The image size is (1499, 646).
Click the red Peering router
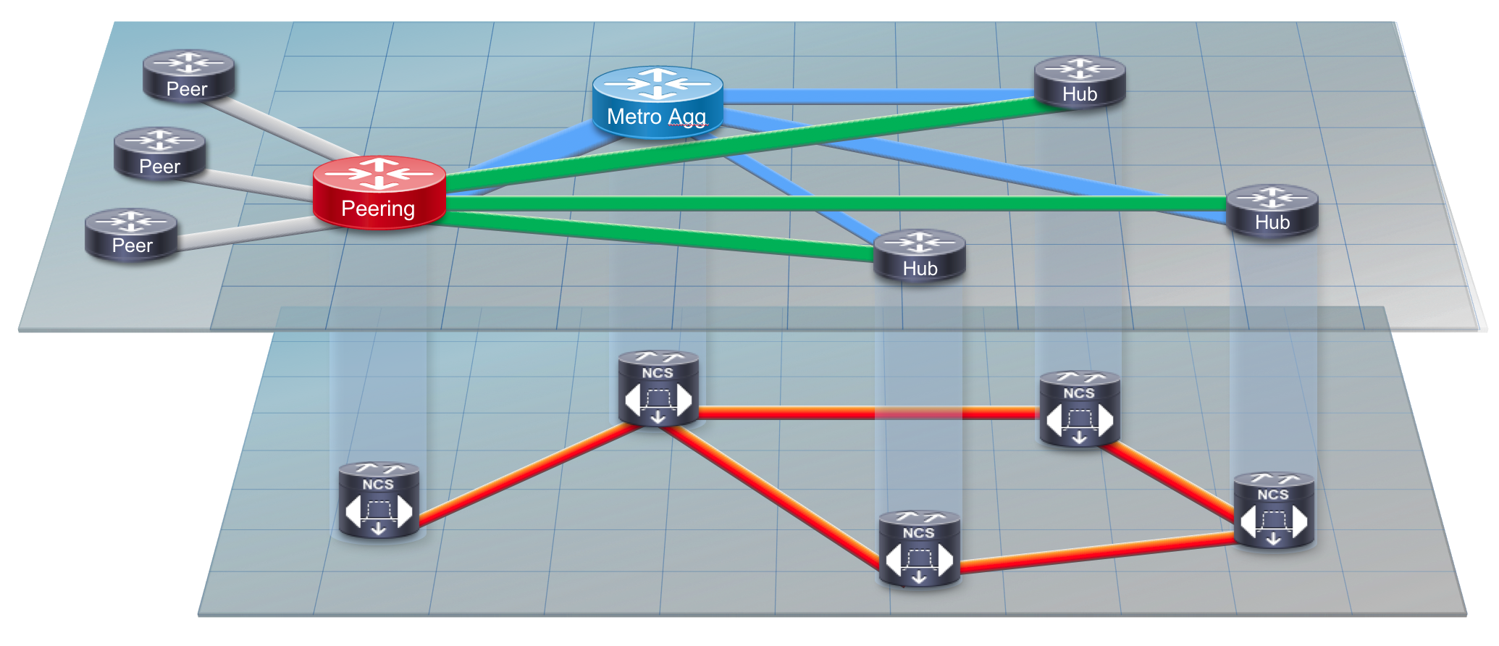click(x=379, y=193)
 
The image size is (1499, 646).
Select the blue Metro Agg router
click(x=658, y=102)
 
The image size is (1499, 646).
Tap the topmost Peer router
click(x=188, y=75)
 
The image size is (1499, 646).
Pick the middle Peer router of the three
click(x=160, y=154)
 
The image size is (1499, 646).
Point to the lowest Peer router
click(x=131, y=234)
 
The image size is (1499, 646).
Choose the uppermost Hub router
click(x=1080, y=82)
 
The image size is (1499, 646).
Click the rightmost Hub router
click(x=1272, y=211)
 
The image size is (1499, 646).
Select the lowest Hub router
click(x=920, y=256)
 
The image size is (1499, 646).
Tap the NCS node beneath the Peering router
click(x=379, y=500)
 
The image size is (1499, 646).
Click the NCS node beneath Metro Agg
click(x=658, y=389)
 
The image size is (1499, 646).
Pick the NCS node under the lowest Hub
click(x=919, y=549)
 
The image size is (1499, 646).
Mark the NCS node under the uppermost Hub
click(x=1080, y=409)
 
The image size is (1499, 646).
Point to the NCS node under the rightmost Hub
click(x=1274, y=510)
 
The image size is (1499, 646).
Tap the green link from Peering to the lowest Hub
click(x=659, y=236)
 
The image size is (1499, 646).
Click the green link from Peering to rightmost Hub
click(x=836, y=204)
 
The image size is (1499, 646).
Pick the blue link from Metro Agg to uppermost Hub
click(x=878, y=96)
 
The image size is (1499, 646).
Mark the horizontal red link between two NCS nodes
click(x=869, y=413)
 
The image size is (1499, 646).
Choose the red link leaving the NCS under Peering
click(x=529, y=472)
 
